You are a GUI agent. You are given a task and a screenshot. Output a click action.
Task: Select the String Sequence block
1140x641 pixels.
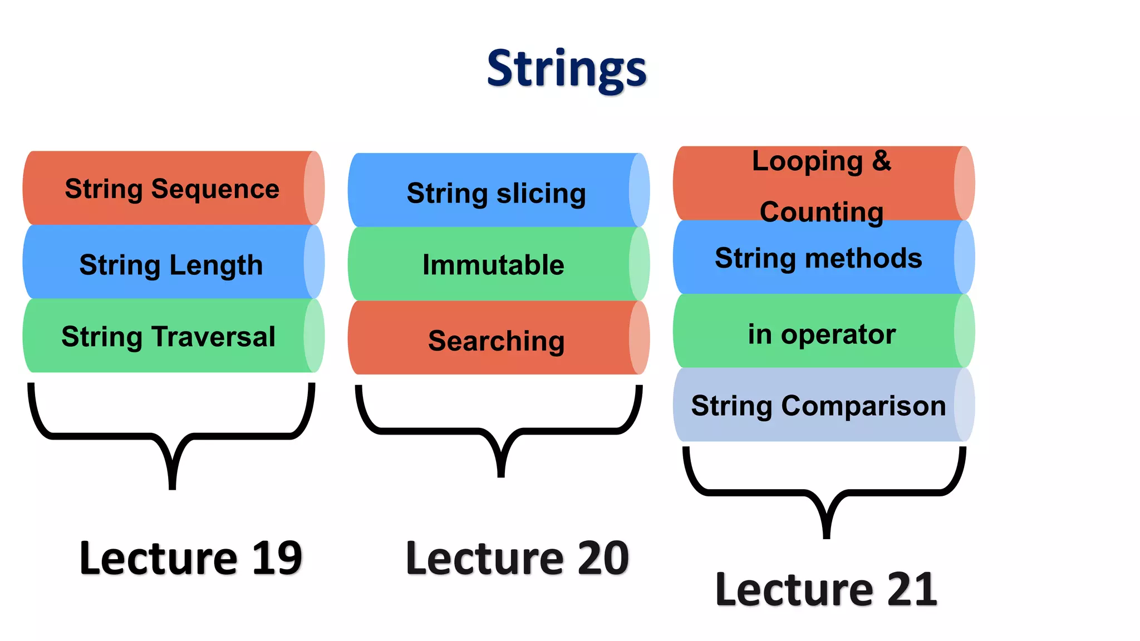point(172,188)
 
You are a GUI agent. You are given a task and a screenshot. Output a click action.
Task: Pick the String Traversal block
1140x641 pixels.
point(168,336)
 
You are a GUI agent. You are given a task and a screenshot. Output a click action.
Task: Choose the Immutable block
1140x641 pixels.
point(493,264)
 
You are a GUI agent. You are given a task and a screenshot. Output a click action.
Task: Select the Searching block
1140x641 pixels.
point(496,340)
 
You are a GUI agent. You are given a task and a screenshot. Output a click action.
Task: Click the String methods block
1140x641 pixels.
point(818,258)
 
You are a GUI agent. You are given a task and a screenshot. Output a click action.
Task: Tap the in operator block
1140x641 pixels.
point(821,334)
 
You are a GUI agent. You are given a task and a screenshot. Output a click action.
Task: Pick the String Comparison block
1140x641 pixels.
point(818,405)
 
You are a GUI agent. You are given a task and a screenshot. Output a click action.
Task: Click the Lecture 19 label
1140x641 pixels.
point(190,558)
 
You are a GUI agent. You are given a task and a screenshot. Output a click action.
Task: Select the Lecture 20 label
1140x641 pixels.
point(517,558)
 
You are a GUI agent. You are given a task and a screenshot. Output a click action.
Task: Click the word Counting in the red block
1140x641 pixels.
point(821,212)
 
